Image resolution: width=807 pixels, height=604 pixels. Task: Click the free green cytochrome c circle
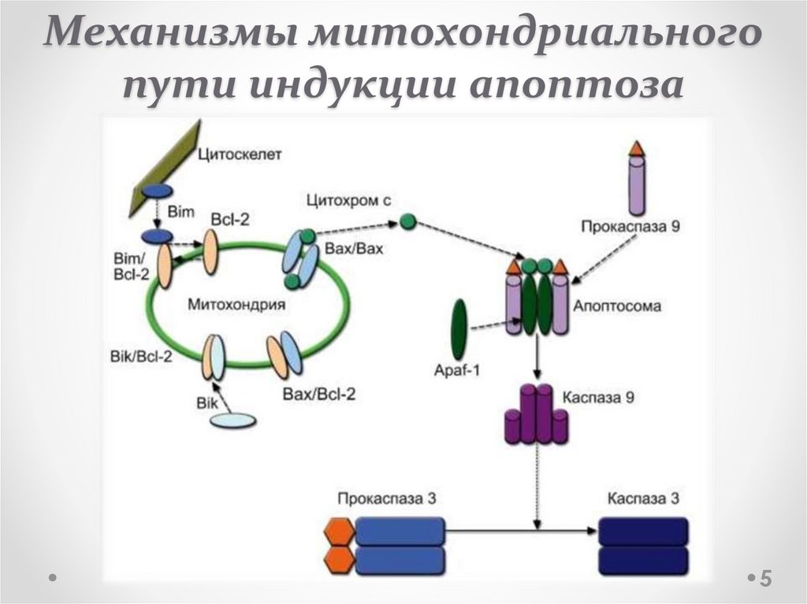(x=407, y=221)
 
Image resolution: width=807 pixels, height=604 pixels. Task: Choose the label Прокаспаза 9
(x=631, y=226)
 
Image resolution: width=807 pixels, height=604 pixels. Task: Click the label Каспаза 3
(x=643, y=499)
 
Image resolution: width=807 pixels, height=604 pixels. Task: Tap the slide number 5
(x=764, y=578)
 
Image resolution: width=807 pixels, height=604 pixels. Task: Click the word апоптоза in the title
(x=575, y=85)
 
